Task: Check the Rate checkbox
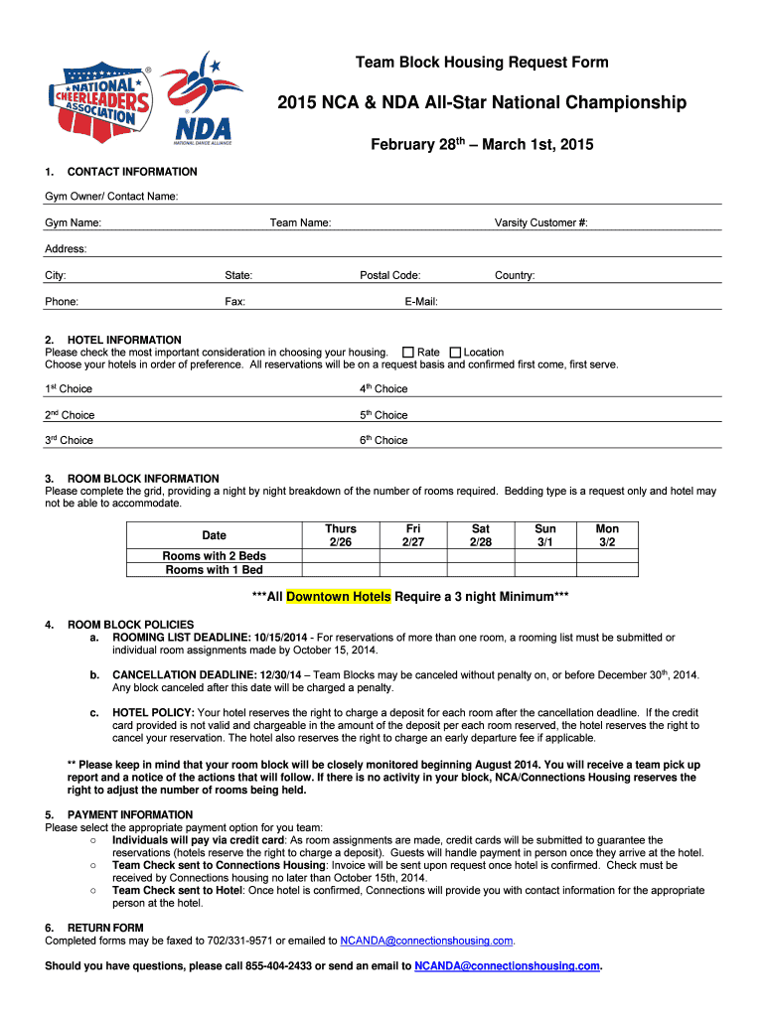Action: (408, 353)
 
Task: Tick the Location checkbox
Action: (456, 353)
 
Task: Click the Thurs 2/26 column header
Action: (340, 535)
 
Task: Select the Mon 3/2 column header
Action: (606, 535)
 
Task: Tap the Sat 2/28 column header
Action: (480, 535)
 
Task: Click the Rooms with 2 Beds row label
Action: (214, 556)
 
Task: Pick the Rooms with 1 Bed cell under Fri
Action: (411, 570)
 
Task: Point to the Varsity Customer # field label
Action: (540, 222)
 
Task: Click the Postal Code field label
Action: (389, 275)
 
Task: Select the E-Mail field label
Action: (421, 301)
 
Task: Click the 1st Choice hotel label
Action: (69, 389)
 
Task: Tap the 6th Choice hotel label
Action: (383, 440)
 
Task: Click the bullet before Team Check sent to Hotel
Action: (91, 891)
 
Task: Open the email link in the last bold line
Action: (508, 965)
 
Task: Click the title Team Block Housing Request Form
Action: (482, 63)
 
